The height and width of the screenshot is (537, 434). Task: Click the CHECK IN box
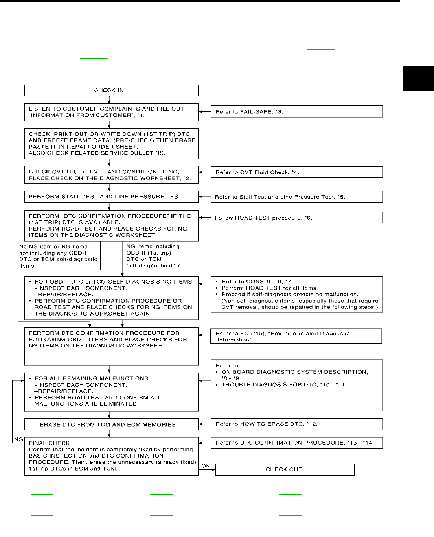111,90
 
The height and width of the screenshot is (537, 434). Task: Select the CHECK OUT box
285,469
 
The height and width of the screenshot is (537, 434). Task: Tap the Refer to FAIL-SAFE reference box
297,112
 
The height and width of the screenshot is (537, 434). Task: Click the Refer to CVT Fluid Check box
297,172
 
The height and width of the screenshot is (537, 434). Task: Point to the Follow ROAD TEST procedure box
297,218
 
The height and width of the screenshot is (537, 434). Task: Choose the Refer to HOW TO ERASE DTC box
297,424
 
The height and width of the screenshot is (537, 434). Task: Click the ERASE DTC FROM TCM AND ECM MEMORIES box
111,424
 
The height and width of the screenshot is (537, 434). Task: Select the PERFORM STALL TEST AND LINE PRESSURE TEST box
111,197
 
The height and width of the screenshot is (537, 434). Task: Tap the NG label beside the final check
18,439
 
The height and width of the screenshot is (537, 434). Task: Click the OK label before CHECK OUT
206,466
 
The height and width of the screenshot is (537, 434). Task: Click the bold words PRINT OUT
71,134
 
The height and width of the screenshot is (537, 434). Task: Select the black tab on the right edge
418,79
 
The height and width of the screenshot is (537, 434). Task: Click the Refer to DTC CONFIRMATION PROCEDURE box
297,443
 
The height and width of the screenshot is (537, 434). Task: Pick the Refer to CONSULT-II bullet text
257,282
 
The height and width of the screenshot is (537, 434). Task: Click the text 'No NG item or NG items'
53,247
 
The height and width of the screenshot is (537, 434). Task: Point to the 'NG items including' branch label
153,247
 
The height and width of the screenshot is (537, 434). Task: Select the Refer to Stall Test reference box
297,197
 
